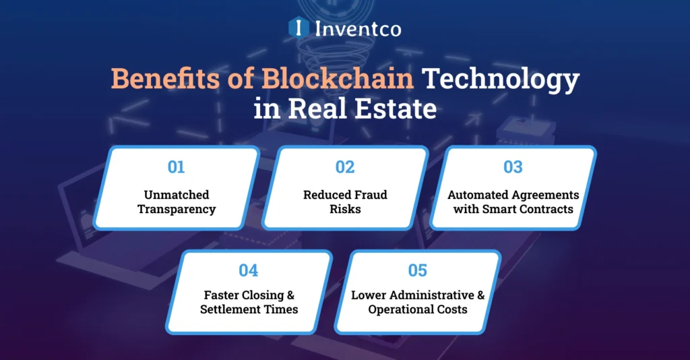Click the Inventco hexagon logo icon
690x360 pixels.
(296, 28)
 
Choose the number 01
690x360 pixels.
(177, 167)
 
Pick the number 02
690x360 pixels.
(345, 167)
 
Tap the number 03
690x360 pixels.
(513, 167)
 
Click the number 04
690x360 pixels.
(249, 270)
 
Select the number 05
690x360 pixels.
(418, 270)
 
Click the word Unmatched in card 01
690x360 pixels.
(177, 195)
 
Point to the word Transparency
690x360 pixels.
(177, 209)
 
